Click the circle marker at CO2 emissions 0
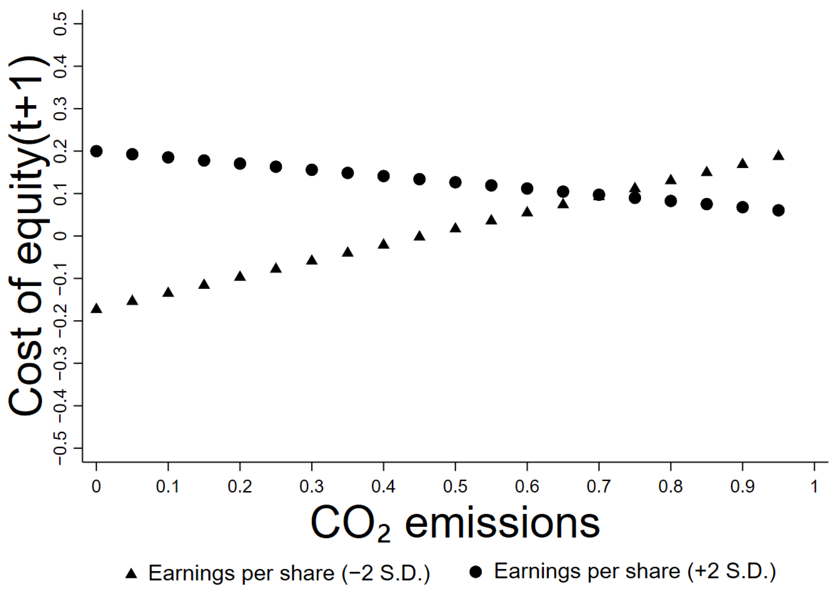[x=96, y=151]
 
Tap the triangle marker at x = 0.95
[x=778, y=156]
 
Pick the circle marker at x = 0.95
[x=778, y=210]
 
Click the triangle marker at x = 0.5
[x=455, y=228]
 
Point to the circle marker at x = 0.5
[x=455, y=182]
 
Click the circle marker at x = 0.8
[x=671, y=201]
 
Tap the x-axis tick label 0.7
[x=599, y=486]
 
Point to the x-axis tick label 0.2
[x=240, y=486]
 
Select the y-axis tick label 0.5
[x=60, y=24]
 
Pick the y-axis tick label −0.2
[x=60, y=321]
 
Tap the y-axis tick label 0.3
[x=60, y=109]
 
